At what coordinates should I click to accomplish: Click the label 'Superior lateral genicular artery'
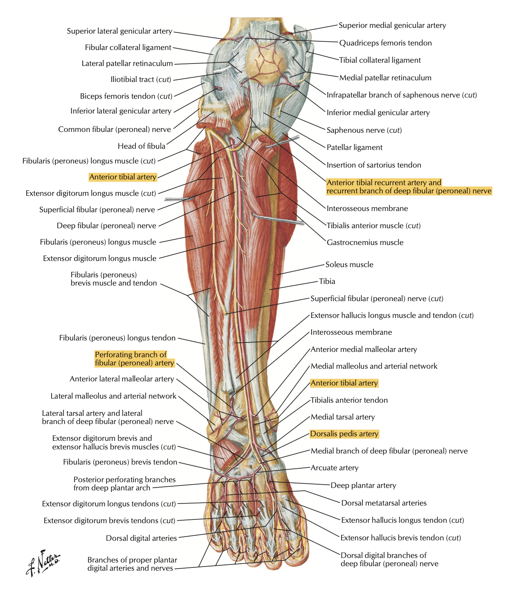(120, 31)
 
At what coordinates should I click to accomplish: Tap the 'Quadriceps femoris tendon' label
(385, 43)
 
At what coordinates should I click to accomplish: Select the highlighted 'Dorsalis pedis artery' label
(344, 434)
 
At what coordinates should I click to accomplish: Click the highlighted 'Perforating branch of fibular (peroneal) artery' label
(134, 359)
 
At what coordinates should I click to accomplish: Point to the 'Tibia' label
(327, 281)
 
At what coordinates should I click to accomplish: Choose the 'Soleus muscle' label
(349, 265)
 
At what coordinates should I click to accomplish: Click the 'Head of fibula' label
(141, 146)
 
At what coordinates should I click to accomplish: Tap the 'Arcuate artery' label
(335, 468)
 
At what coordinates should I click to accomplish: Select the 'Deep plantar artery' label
(363, 485)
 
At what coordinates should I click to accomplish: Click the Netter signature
(43, 562)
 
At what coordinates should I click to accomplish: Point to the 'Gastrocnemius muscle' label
(365, 243)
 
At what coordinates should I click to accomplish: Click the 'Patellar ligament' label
(354, 147)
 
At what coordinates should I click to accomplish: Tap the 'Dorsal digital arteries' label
(141, 538)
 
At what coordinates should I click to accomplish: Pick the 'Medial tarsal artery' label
(343, 417)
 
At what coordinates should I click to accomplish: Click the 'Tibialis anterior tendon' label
(349, 400)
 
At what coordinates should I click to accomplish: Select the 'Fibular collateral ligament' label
(128, 48)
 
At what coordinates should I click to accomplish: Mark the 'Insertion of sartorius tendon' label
(373, 165)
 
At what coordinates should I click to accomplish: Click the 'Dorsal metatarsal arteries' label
(384, 503)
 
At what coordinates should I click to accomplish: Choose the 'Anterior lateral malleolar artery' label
(122, 379)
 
